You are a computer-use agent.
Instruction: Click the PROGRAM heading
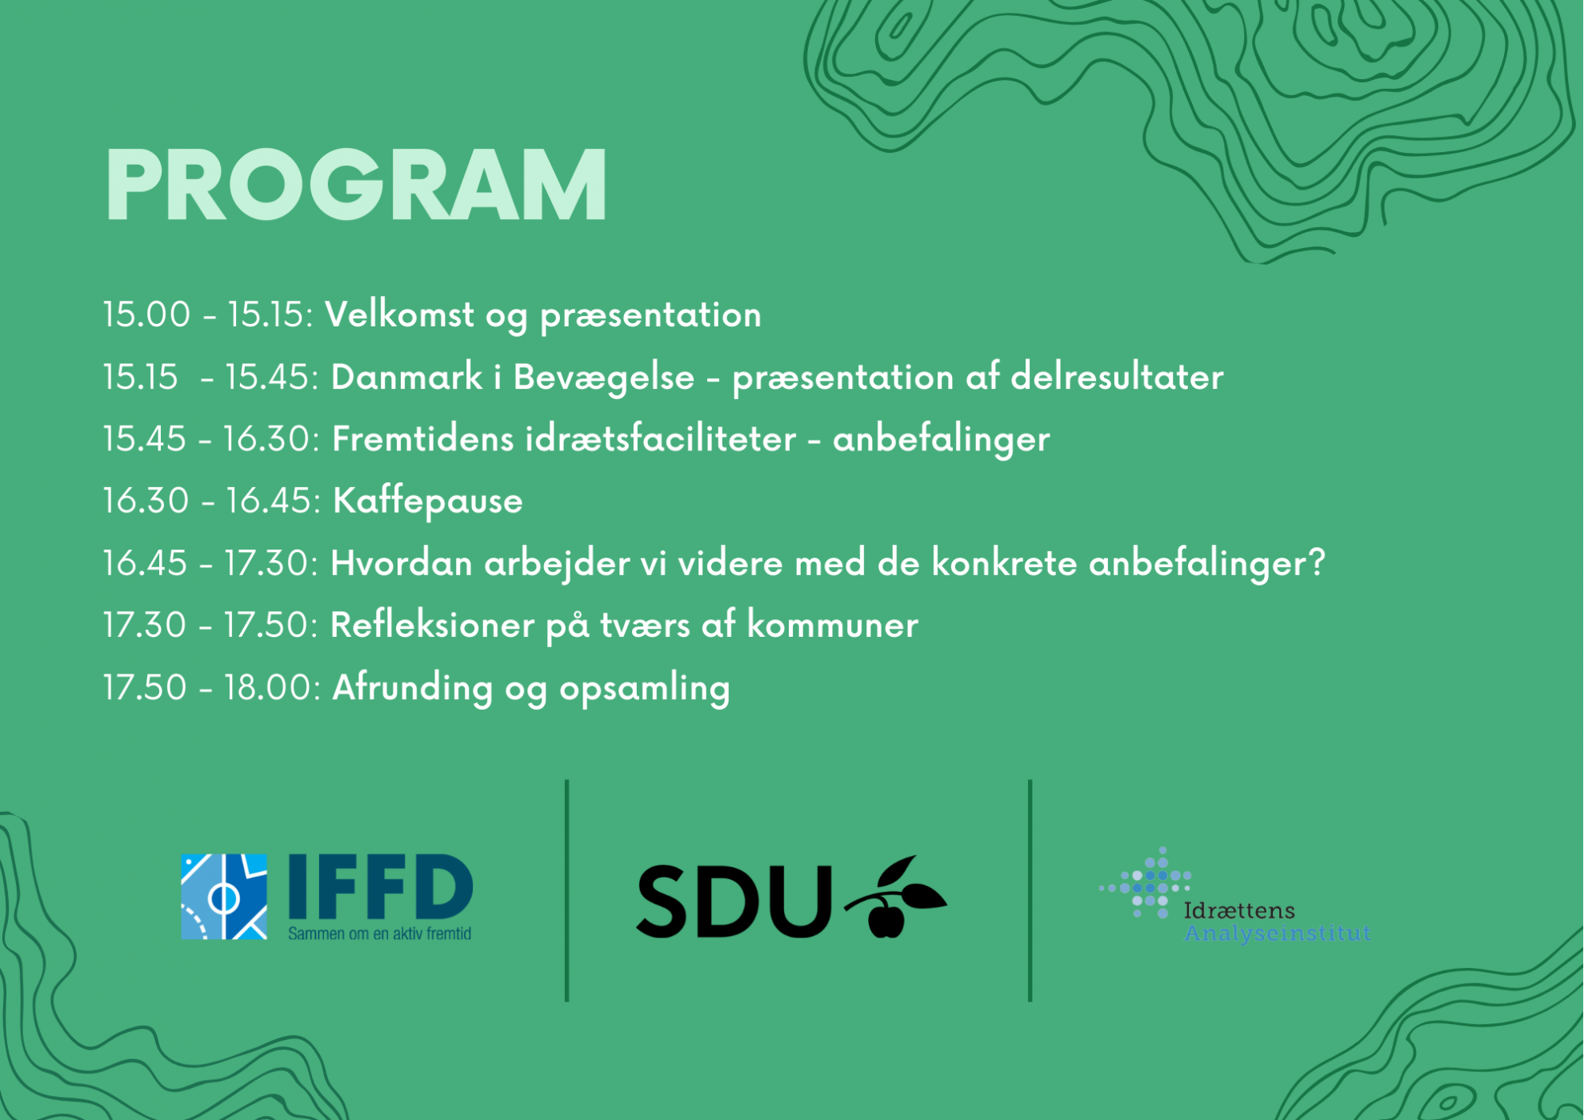pos(356,185)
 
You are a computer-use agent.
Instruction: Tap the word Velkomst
pos(399,314)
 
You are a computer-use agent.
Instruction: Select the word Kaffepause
pos(427,502)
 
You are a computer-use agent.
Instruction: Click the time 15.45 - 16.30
pos(211,439)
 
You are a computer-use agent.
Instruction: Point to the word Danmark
pos(406,377)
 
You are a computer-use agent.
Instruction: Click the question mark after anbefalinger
pos(1317,563)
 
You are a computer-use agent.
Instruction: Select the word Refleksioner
pos(432,625)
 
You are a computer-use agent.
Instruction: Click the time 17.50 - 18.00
pos(212,688)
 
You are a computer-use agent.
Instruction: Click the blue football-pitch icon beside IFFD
pos(224,897)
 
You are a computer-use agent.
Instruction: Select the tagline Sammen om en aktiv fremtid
pos(380,934)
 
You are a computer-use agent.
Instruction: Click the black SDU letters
pos(734,902)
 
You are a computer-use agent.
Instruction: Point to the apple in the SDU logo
pos(886,918)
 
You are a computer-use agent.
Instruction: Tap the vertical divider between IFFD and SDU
pos(567,890)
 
